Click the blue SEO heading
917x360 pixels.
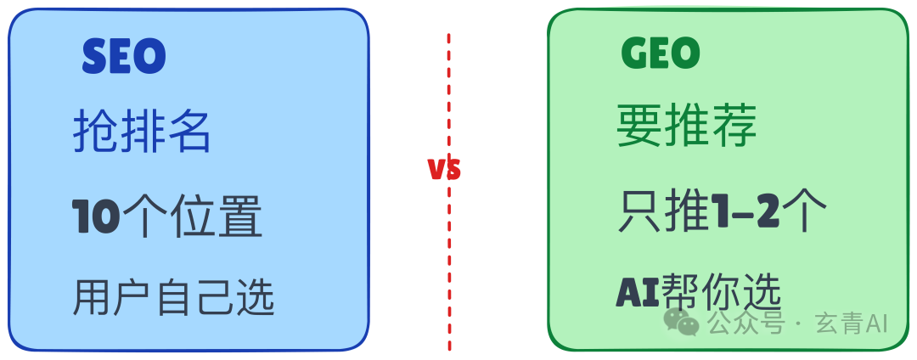(124, 57)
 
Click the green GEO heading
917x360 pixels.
(661, 53)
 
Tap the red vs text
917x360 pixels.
(444, 169)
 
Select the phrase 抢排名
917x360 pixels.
(142, 132)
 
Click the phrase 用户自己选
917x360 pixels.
(174, 298)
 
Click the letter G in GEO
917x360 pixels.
(633, 53)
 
